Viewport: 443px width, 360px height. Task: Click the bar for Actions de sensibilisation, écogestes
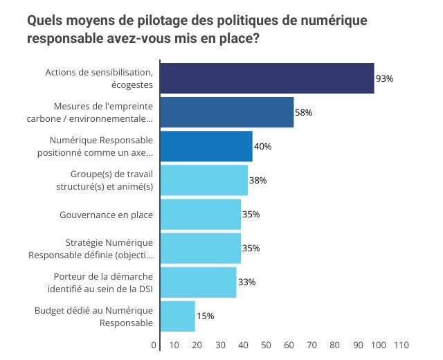[x=267, y=78]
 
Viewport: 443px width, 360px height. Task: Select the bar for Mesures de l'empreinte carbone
[x=227, y=112]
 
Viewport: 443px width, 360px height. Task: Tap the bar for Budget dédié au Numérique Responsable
[x=178, y=316]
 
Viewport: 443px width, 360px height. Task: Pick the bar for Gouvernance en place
[x=201, y=214]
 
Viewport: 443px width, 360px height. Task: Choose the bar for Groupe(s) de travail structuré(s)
[x=204, y=180]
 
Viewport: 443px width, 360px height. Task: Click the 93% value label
[x=384, y=79]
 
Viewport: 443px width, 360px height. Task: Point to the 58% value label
[x=304, y=113]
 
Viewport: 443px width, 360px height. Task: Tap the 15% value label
[x=206, y=316]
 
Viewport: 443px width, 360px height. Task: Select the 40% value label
[x=262, y=147]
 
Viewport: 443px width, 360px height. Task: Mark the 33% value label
[x=246, y=282]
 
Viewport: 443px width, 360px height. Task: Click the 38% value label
[x=257, y=181]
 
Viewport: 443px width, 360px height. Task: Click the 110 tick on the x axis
[x=401, y=345]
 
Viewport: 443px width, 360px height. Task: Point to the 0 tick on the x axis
[x=154, y=345]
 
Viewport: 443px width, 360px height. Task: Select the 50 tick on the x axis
[x=266, y=345]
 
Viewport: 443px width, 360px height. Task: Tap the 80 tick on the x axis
[x=334, y=345]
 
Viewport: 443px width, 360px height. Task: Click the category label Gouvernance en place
[x=107, y=215]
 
